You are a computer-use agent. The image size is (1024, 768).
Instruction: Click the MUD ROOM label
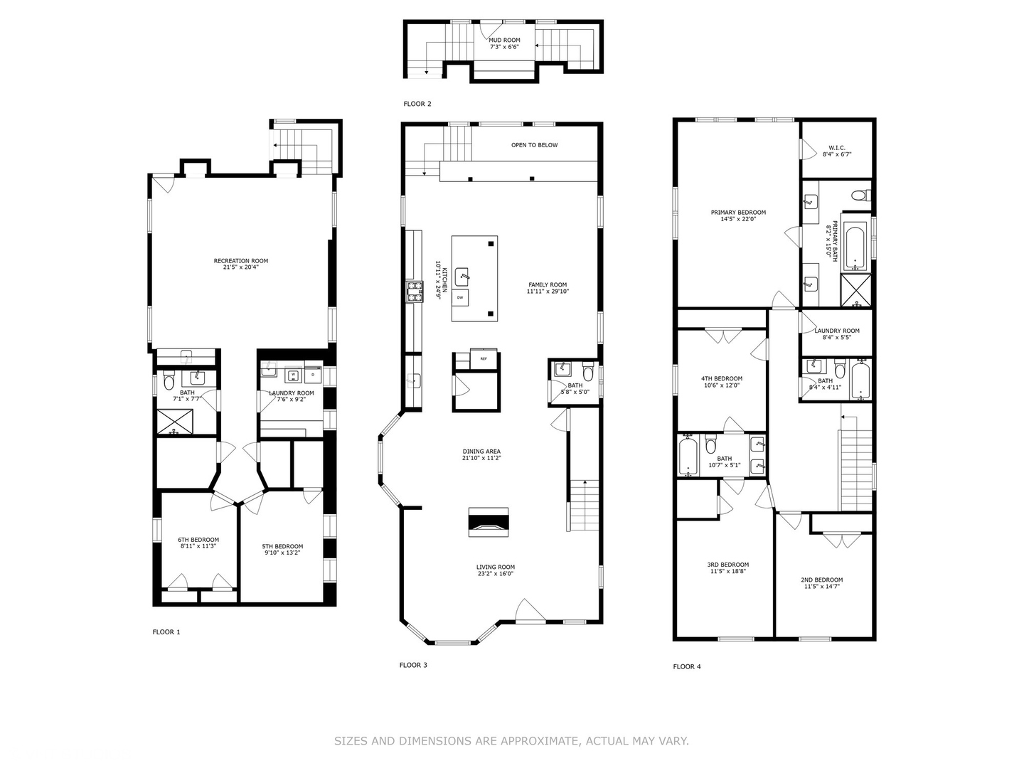pyautogui.click(x=503, y=41)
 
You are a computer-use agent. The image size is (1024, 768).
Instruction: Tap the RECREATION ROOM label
pyautogui.click(x=241, y=261)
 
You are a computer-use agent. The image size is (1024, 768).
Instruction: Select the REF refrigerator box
pyautogui.click(x=484, y=358)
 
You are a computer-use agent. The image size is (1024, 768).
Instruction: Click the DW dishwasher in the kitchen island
pyautogui.click(x=461, y=297)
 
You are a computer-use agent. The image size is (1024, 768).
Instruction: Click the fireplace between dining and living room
pyautogui.click(x=489, y=523)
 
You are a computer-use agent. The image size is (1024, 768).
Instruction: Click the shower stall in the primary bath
pyautogui.click(x=856, y=289)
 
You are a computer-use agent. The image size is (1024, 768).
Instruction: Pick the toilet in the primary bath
pyautogui.click(x=859, y=195)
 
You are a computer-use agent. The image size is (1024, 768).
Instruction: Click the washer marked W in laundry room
pyautogui.click(x=292, y=373)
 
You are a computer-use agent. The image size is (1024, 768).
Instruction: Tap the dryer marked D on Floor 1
pyautogui.click(x=313, y=373)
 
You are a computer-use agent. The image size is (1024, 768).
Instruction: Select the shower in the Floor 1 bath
pyautogui.click(x=175, y=421)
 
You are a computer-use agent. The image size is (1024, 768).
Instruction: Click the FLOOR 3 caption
pyautogui.click(x=413, y=665)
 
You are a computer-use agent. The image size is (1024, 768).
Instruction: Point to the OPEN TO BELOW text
pyautogui.click(x=534, y=145)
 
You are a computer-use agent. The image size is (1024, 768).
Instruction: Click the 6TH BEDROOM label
pyautogui.click(x=198, y=540)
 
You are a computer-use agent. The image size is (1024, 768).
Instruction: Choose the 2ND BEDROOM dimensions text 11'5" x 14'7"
pyautogui.click(x=821, y=587)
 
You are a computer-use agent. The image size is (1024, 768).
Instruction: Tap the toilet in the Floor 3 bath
pyautogui.click(x=588, y=373)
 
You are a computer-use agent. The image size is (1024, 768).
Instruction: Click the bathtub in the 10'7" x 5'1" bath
pyautogui.click(x=688, y=455)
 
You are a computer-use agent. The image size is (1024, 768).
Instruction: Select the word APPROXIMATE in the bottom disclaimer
pyautogui.click(x=538, y=741)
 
